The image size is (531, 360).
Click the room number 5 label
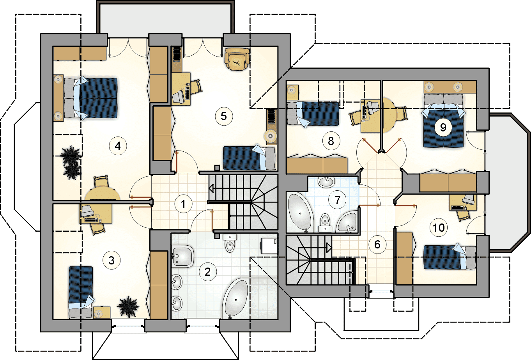coord(224,116)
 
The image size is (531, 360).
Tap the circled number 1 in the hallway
coord(183,204)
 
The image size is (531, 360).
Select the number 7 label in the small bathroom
coord(337,200)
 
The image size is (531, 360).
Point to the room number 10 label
coord(439,228)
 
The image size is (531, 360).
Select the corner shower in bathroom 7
coord(347,222)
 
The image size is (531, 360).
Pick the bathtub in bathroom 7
coord(300,213)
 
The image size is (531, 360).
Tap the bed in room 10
coord(450,257)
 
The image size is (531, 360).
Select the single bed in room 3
coord(81,292)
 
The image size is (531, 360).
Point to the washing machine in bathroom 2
coord(269,245)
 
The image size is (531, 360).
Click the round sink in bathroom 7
coord(326,182)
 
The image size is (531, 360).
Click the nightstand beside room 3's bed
coord(101,312)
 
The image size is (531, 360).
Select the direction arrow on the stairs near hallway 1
coord(211,189)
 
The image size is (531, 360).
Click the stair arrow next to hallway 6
coord(329,248)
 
